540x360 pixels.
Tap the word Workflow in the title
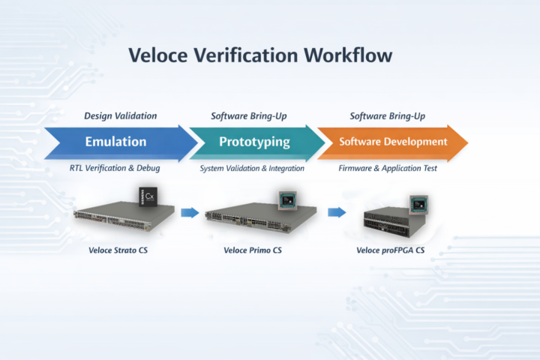pyautogui.click(x=348, y=55)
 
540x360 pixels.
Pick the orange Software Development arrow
pyautogui.click(x=391, y=142)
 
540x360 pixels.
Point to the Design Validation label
pyautogui.click(x=120, y=115)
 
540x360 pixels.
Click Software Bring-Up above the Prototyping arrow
pyautogui.click(x=248, y=115)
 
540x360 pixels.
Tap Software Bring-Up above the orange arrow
pyautogui.click(x=388, y=115)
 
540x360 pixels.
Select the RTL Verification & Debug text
pyautogui.click(x=115, y=168)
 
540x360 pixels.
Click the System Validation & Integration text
pyautogui.click(x=252, y=168)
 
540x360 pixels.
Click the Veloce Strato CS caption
pyautogui.click(x=117, y=249)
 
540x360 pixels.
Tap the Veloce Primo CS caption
pyautogui.click(x=253, y=249)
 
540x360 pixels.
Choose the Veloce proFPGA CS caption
pyautogui.click(x=389, y=249)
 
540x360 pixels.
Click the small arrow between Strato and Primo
pyautogui.click(x=190, y=212)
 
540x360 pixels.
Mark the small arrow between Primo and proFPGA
pyautogui.click(x=337, y=212)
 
